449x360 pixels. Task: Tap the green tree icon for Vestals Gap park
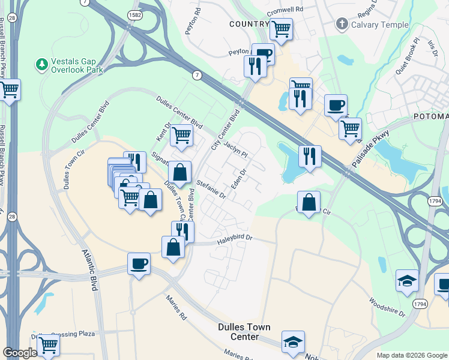point(42,63)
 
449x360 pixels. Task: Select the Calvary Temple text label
point(379,25)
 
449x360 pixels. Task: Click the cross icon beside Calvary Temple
point(342,25)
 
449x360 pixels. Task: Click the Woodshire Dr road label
point(388,308)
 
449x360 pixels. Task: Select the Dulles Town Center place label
point(243,332)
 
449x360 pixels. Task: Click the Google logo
point(20,353)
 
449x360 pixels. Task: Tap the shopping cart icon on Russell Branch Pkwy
point(10,91)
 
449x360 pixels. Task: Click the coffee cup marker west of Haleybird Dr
point(139,263)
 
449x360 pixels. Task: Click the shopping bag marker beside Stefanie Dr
point(179,173)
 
